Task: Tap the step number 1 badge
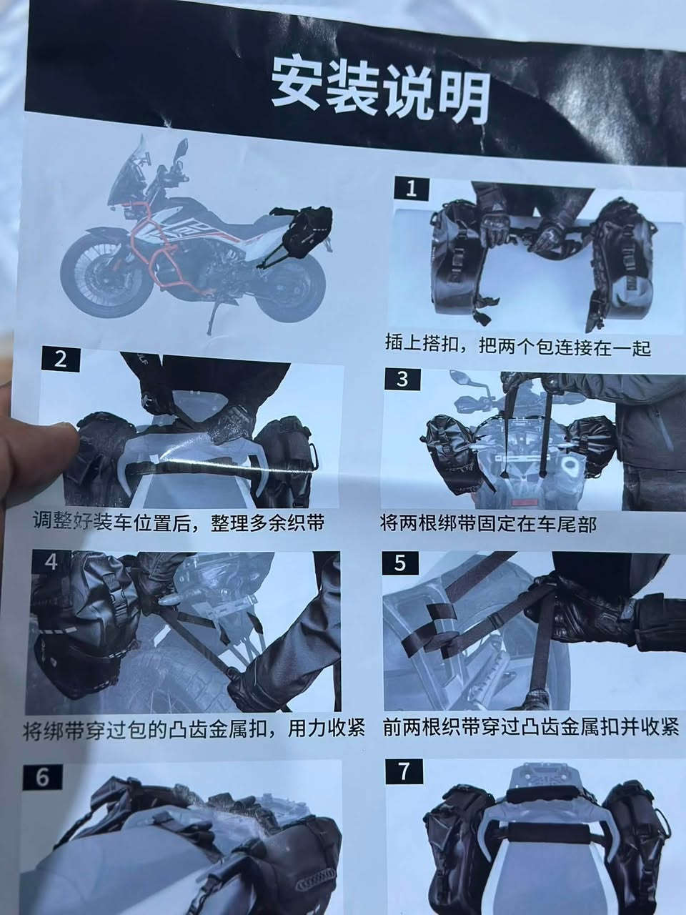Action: point(411,189)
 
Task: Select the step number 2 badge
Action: point(61,360)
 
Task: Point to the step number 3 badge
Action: point(402,380)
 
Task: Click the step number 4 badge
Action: point(51,562)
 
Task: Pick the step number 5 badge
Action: point(400,563)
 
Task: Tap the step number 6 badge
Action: point(42,778)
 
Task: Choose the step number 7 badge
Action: point(404,772)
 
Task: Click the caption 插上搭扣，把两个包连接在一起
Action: point(518,346)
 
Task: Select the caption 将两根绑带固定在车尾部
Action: point(488,523)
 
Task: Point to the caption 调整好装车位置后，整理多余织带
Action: point(179,523)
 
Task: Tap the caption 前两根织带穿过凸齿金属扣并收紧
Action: point(531,728)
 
